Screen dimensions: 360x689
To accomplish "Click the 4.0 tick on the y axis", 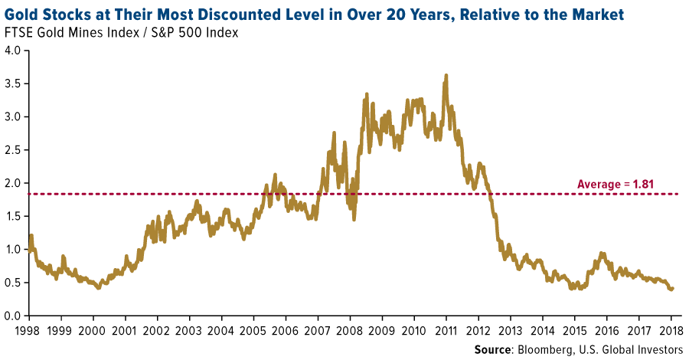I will (13, 51).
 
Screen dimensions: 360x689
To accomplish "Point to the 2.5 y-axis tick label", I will (13, 150).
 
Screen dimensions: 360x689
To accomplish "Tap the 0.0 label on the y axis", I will (13, 316).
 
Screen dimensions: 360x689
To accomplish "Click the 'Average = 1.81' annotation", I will (616, 184).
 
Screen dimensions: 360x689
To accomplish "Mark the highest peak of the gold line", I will (446, 75).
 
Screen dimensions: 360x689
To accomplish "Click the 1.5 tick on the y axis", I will (13, 216).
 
